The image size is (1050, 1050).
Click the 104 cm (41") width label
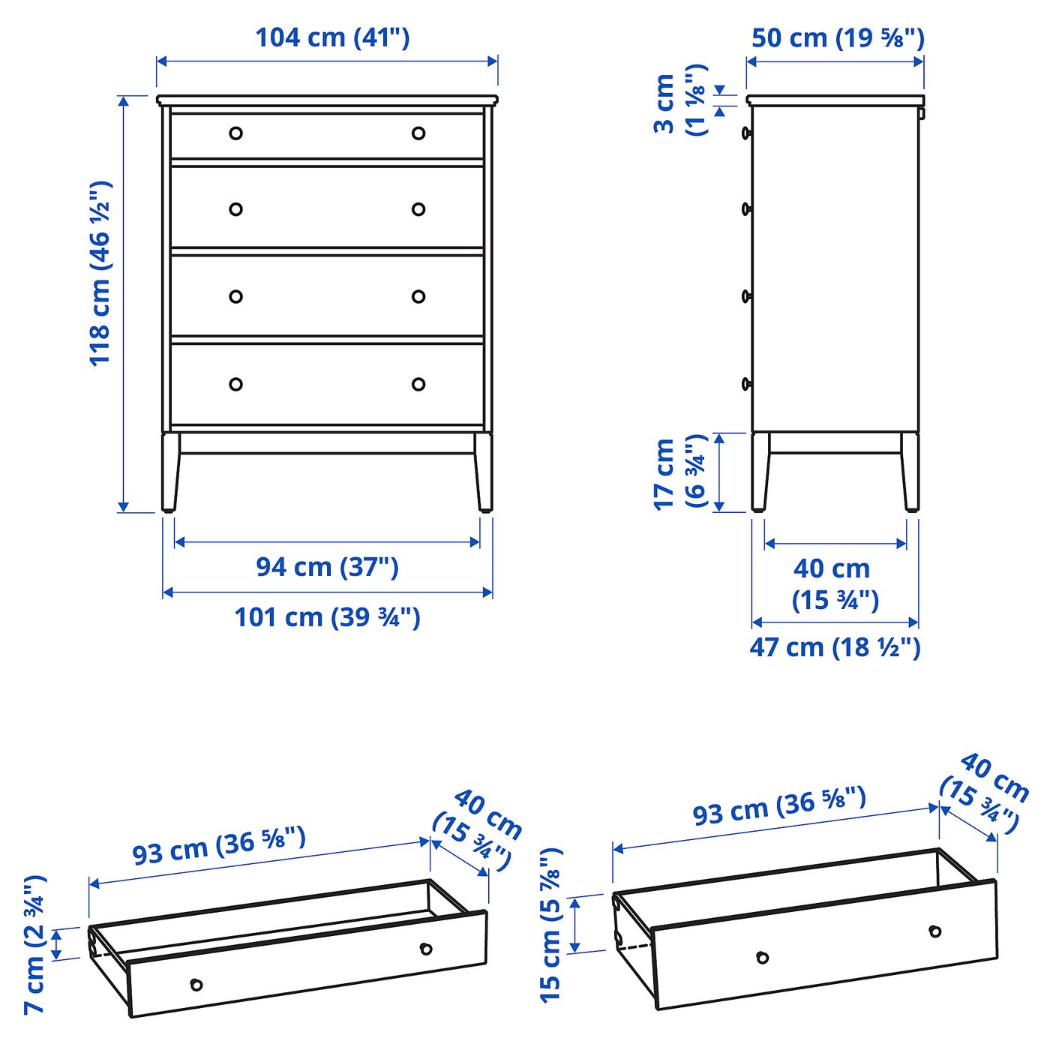(332, 37)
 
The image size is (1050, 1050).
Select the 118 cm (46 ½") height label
(100, 273)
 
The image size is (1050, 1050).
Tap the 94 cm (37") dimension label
(327, 567)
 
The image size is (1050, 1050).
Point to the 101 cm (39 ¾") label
(327, 617)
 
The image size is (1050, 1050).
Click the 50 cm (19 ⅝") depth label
(838, 37)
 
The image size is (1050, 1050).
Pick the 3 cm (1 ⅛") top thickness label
(679, 101)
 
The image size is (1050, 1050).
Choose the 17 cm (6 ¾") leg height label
(679, 472)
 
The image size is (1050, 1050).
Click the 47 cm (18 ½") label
(835, 647)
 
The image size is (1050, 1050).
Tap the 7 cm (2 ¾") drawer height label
(34, 945)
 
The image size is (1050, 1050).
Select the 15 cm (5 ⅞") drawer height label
(550, 925)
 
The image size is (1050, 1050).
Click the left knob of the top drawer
(235, 133)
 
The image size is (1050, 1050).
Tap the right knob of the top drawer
(418, 133)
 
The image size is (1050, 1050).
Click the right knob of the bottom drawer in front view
(418, 384)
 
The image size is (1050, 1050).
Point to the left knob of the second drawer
(235, 209)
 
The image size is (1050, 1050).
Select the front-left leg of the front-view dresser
(170, 472)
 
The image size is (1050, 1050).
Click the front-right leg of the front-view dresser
(484, 472)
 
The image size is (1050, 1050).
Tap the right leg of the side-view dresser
(910, 472)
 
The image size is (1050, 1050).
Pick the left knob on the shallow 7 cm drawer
(196, 985)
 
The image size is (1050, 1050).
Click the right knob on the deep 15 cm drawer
(934, 931)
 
